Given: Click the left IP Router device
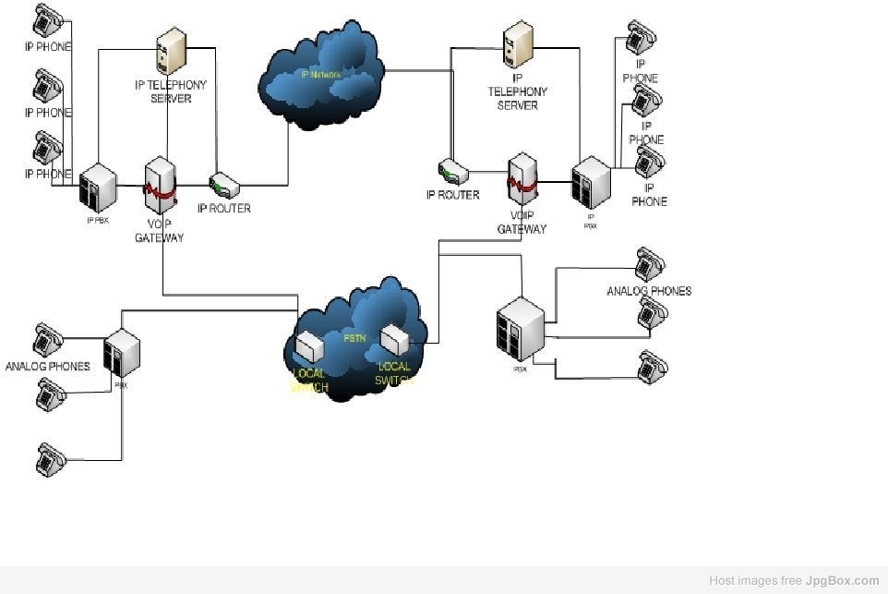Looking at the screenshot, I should pyautogui.click(x=224, y=185).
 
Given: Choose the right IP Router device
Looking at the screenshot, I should pyautogui.click(x=452, y=172).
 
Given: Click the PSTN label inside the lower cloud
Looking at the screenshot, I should pyautogui.click(x=354, y=338).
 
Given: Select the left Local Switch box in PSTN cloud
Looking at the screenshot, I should pyautogui.click(x=309, y=346).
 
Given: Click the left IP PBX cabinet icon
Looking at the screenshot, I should pyautogui.click(x=97, y=188).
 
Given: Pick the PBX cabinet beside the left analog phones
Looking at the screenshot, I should pyautogui.click(x=121, y=353).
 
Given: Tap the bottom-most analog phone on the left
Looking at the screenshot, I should pyautogui.click(x=51, y=460).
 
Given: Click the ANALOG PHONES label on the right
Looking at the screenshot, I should pyautogui.click(x=649, y=291).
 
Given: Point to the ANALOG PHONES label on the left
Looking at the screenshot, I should pyautogui.click(x=48, y=367).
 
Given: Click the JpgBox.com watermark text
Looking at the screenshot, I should pyautogui.click(x=842, y=581).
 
